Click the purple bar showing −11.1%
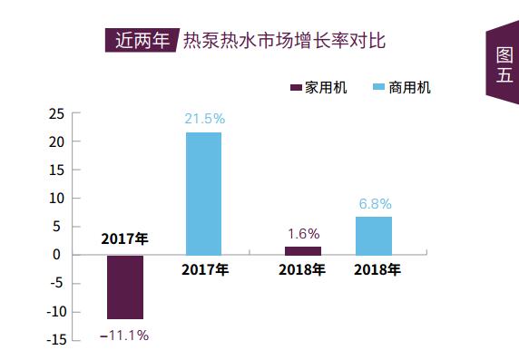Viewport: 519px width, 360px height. click(x=125, y=287)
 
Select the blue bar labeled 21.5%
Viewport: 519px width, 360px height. click(x=203, y=193)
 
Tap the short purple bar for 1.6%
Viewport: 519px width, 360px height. click(x=302, y=250)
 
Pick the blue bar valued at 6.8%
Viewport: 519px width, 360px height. click(x=373, y=236)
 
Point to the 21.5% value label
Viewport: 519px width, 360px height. click(x=203, y=120)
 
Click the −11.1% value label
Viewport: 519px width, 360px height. click(x=124, y=335)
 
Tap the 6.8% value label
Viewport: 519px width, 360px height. click(x=374, y=204)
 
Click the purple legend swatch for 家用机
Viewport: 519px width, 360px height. click(x=295, y=87)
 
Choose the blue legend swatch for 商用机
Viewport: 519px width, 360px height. click(x=378, y=87)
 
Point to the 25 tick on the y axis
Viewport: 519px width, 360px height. click(x=55, y=113)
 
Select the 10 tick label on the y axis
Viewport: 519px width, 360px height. click(x=55, y=199)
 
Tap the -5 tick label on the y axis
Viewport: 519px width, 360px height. click(x=56, y=283)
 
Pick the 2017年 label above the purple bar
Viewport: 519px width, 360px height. click(x=124, y=239)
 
